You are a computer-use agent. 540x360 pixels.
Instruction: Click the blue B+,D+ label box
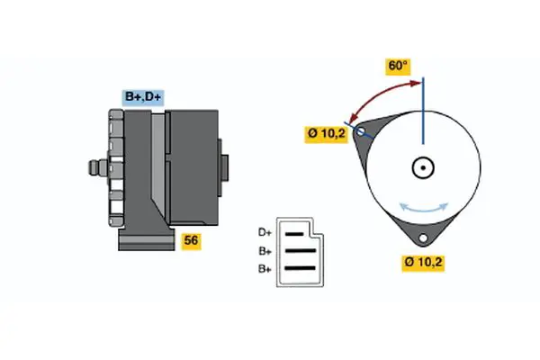[x=143, y=97]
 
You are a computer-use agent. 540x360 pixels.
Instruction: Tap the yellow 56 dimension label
[x=191, y=240]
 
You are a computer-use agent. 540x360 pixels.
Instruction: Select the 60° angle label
[x=398, y=66]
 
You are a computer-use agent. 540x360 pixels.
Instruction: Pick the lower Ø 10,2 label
[x=425, y=263]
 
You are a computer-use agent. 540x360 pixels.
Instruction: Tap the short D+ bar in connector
[x=296, y=233]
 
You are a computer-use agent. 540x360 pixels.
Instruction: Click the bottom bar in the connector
[x=301, y=266]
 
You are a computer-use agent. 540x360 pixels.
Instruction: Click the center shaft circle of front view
[x=423, y=166]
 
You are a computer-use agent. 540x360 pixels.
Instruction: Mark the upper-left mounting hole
[x=362, y=132]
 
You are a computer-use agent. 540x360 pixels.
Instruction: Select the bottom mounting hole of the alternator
[x=423, y=238]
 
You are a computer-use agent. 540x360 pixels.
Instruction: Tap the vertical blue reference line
[x=423, y=112]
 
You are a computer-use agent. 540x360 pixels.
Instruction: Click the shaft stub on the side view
[x=93, y=166]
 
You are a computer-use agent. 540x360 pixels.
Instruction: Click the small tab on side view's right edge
[x=223, y=166]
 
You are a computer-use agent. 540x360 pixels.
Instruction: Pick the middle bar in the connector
[x=301, y=250]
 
